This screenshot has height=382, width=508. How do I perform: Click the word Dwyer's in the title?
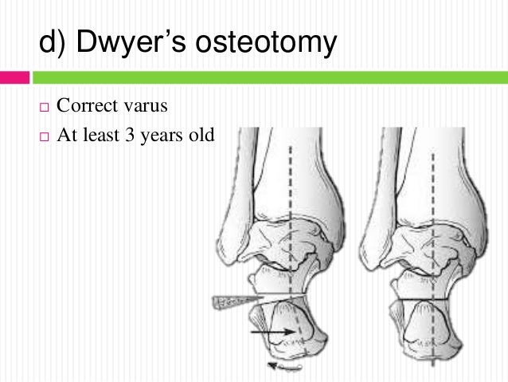pyautogui.click(x=134, y=44)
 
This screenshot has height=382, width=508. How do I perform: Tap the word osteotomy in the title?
pyautogui.click(x=269, y=44)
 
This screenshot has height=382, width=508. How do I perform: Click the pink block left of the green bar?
pyautogui.click(x=14, y=78)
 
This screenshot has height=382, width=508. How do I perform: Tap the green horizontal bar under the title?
pyautogui.click(x=271, y=78)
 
